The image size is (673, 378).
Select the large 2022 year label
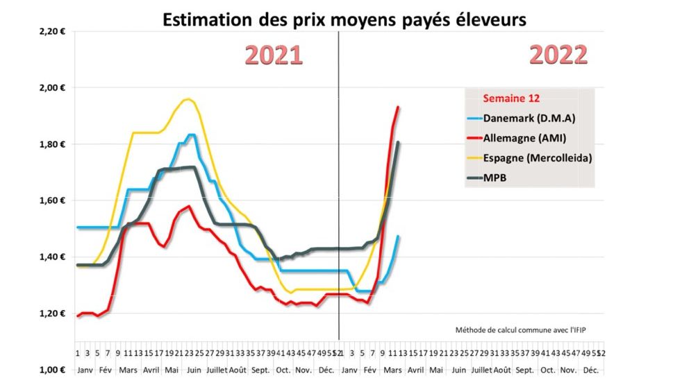click(x=558, y=55)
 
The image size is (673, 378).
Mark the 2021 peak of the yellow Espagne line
click(x=186, y=99)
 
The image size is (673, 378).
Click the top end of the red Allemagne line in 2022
click(x=398, y=107)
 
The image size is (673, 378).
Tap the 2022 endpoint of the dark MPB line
click(x=398, y=142)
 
